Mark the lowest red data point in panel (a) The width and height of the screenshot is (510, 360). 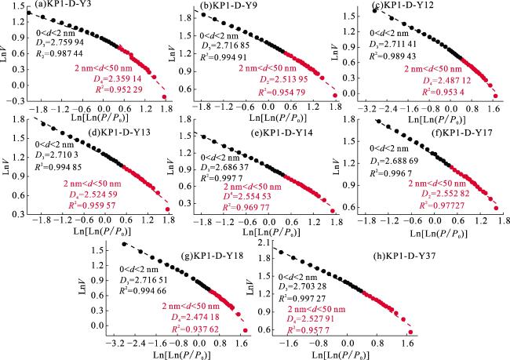point(164,97)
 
